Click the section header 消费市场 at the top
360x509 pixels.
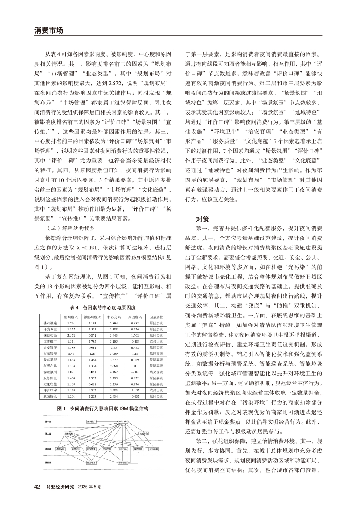[49, 30]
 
